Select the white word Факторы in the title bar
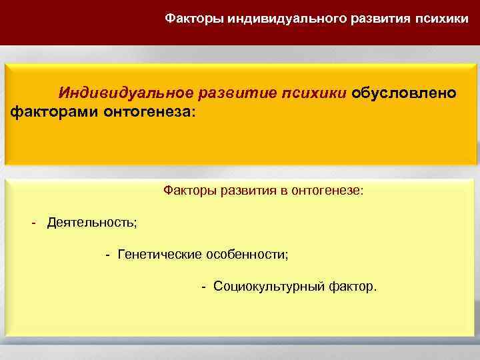coord(194,19)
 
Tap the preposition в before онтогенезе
coord(283,191)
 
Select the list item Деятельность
coord(91,222)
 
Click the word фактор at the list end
coord(353,287)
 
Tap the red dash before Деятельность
coord(33,221)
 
